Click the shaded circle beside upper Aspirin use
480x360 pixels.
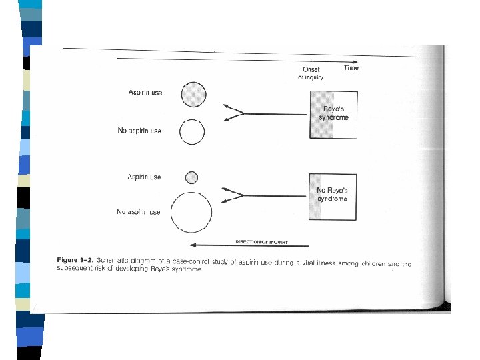pyautogui.click(x=192, y=95)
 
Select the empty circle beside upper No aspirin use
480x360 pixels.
pyautogui.click(x=192, y=132)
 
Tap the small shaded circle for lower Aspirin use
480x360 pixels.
pyautogui.click(x=192, y=177)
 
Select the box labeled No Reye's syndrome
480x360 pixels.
pyautogui.click(x=333, y=195)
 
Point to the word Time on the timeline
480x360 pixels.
pyautogui.click(x=351, y=68)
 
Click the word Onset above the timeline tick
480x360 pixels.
pyautogui.click(x=311, y=69)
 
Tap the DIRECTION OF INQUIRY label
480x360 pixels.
pyautogui.click(x=262, y=241)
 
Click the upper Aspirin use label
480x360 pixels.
pyautogui.click(x=145, y=93)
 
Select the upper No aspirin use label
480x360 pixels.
pyautogui.click(x=139, y=131)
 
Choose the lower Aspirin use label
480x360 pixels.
pyautogui.click(x=144, y=177)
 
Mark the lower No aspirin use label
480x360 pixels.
pyautogui.click(x=139, y=212)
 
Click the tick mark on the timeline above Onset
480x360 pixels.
pyautogui.click(x=311, y=60)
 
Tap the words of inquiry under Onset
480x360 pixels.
pyautogui.click(x=311, y=77)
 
